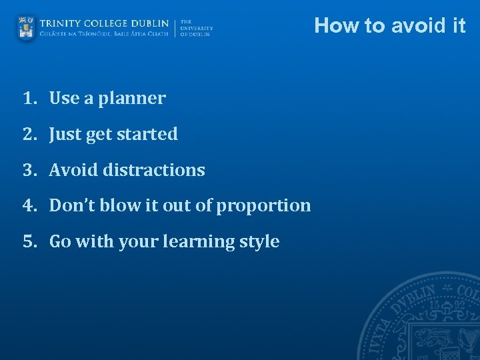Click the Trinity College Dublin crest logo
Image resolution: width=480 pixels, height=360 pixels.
[x=26, y=28]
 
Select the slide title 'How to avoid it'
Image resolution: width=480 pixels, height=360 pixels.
[x=390, y=25]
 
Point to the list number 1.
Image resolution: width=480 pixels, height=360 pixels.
[x=28, y=99]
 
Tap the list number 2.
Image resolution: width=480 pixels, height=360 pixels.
[x=28, y=135]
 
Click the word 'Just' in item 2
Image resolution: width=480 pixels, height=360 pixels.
[x=65, y=135]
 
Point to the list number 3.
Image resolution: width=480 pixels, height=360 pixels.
[x=28, y=171]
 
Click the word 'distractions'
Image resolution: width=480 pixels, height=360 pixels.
[x=154, y=171]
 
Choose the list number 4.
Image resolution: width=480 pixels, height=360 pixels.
[x=28, y=206]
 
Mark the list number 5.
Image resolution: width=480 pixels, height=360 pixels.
[x=28, y=242]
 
